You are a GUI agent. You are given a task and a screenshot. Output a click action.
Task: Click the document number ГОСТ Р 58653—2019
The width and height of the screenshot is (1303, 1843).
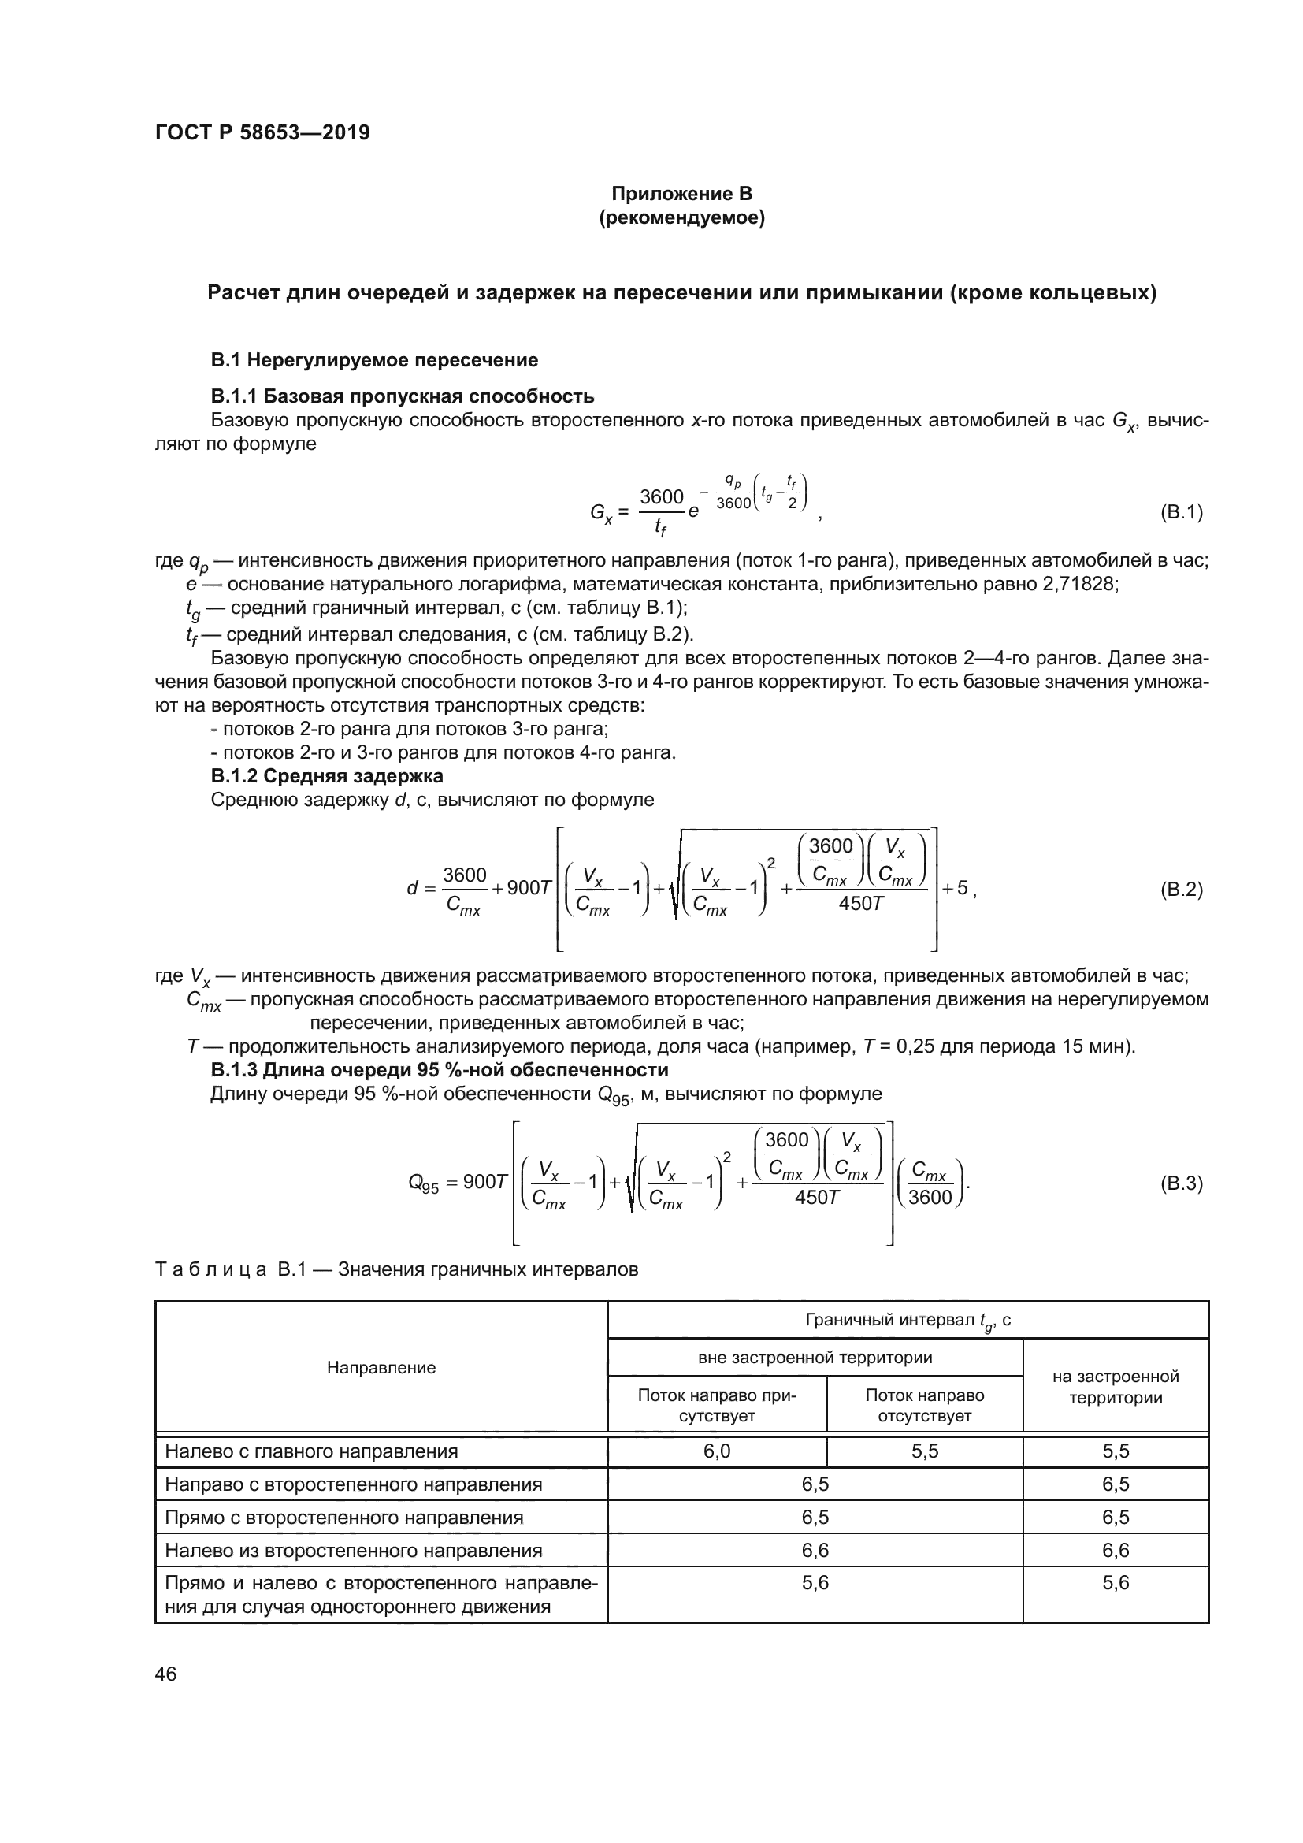(x=262, y=132)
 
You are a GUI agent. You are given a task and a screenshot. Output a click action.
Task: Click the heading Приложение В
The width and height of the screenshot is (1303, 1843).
(x=681, y=194)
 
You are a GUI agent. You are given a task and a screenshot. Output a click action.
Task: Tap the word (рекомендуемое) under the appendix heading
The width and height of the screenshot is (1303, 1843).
(x=681, y=217)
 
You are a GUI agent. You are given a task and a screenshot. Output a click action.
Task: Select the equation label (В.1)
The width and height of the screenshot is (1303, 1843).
(x=1181, y=512)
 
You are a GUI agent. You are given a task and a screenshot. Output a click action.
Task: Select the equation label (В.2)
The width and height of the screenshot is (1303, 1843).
(x=1181, y=890)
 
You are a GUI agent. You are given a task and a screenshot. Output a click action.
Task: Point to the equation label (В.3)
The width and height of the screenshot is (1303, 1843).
(x=1181, y=1183)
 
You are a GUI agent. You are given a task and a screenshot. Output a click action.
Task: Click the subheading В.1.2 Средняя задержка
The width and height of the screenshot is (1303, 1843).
(x=327, y=776)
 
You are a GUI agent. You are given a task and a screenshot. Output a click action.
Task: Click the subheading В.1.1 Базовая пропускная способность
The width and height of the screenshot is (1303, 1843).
(x=402, y=396)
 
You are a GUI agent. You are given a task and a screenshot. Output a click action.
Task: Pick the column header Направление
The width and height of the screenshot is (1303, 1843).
(x=381, y=1368)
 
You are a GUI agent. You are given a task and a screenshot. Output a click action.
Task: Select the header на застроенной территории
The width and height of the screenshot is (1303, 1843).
(x=1116, y=1387)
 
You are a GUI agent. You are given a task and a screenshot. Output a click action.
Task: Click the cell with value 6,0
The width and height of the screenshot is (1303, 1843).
(x=716, y=1451)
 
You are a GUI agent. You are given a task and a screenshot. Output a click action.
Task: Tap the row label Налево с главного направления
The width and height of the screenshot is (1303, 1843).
(x=311, y=1451)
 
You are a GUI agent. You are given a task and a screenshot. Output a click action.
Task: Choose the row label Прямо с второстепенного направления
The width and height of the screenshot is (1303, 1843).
(x=343, y=1517)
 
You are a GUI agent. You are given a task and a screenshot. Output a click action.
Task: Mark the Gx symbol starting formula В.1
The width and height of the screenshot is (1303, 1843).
(x=601, y=513)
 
